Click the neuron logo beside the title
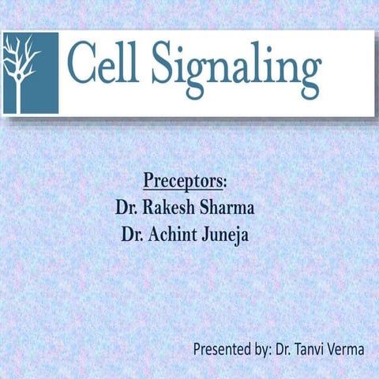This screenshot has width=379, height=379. tap(29, 72)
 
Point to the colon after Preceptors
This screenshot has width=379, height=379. tap(226, 182)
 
